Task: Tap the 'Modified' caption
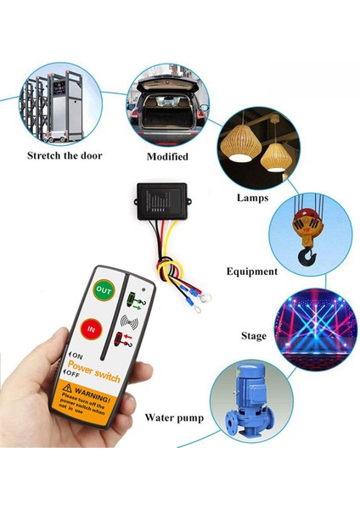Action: click(166, 156)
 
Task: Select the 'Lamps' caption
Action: click(253, 198)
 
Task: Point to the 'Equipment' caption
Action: click(251, 271)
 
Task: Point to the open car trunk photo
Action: click(168, 107)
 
